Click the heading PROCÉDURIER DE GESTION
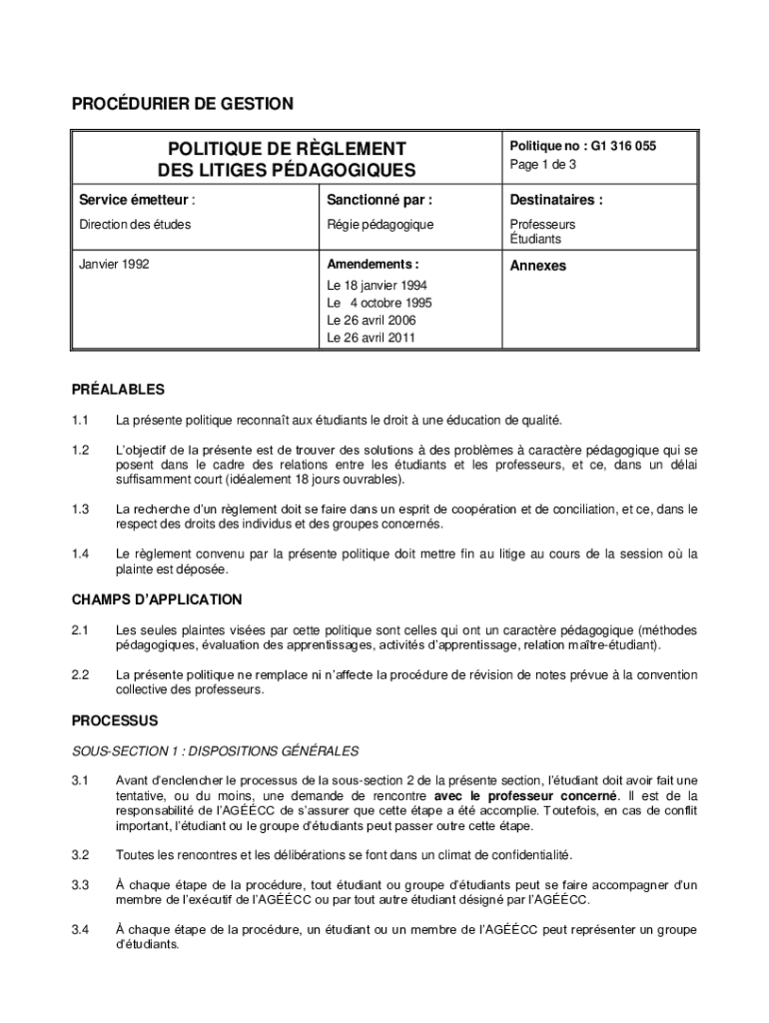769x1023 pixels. [182, 103]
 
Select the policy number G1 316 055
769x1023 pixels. [624, 146]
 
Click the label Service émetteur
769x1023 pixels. [131, 200]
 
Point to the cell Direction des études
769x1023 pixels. [135, 225]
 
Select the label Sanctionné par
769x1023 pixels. [379, 200]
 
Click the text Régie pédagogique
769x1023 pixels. [380, 225]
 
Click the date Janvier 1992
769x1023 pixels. [115, 266]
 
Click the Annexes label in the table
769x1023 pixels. [538, 266]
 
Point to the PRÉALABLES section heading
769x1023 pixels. [118, 390]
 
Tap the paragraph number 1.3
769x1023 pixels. [81, 510]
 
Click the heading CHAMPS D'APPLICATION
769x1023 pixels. [157, 599]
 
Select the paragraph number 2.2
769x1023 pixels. [81, 675]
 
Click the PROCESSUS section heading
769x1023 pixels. [115, 719]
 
